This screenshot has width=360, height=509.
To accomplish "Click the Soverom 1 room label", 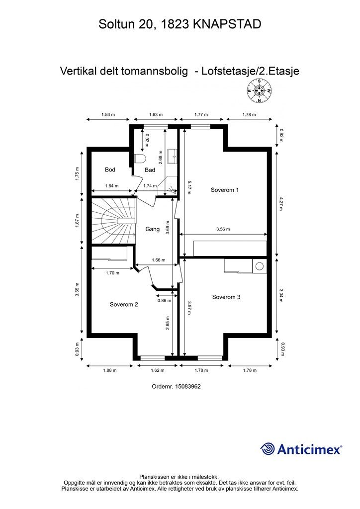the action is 225,190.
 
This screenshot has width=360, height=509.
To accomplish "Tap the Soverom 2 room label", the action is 124,305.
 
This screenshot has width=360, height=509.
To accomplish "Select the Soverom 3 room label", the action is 226,297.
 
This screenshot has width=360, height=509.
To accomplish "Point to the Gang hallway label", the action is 152,229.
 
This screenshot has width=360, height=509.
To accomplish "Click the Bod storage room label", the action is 110,170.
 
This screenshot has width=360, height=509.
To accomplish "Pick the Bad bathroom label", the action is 150,170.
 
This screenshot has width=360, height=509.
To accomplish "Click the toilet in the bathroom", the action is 140,159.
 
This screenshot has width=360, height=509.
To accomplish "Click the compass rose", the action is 260,90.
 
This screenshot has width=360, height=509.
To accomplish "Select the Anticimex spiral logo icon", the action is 268,449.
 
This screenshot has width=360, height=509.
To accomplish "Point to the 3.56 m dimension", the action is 223,229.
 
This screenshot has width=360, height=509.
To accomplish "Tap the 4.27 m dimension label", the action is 281,203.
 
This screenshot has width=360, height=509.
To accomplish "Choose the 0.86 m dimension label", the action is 164,301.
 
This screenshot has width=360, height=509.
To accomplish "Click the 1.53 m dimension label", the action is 108,115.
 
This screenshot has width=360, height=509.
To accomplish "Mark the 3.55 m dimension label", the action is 77,290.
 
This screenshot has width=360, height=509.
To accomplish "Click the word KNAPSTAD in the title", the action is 227,24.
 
